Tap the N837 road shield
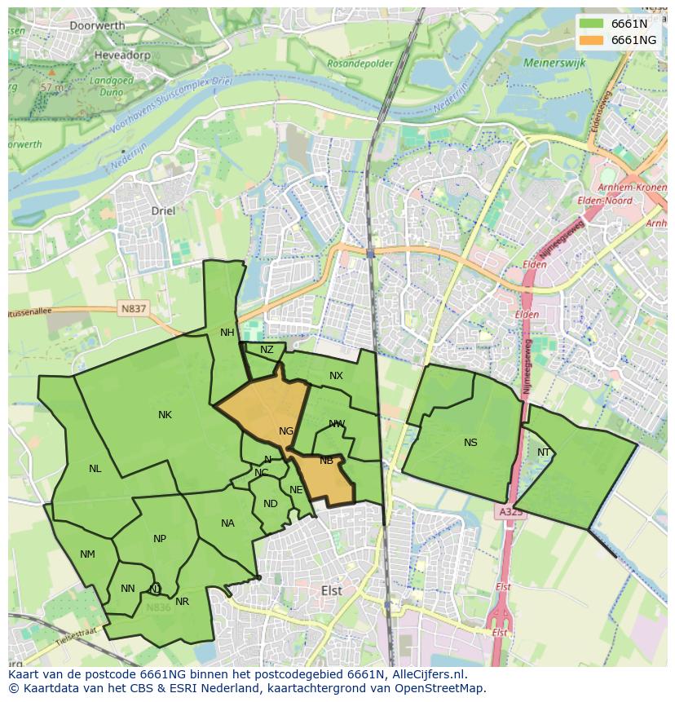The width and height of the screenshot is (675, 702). [x=133, y=309]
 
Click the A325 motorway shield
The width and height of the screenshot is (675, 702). [x=510, y=512]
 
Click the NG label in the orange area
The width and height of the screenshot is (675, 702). [x=286, y=431]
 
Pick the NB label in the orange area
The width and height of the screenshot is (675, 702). [x=326, y=461]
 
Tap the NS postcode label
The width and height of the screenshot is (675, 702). [x=470, y=443]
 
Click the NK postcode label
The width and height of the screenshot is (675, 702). [x=165, y=415]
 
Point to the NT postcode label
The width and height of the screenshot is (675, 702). [x=544, y=453]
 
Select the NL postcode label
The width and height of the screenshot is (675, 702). [x=95, y=469]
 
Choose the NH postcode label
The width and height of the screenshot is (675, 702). [x=227, y=333]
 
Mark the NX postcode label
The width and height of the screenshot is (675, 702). [x=336, y=376]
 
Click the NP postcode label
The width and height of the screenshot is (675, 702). [x=160, y=539]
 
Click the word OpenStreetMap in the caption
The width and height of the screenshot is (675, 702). [x=441, y=688]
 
